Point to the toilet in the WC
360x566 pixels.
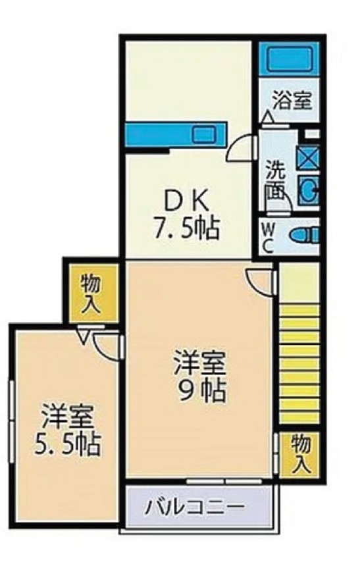(x=304, y=235)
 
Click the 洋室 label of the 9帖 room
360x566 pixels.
(x=200, y=363)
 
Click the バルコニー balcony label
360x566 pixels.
(x=195, y=507)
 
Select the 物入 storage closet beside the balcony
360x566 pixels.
(x=299, y=453)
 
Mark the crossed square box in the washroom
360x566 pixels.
(x=308, y=157)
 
